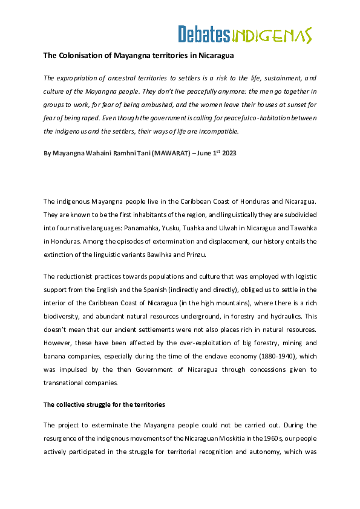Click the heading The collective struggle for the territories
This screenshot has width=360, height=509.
pos(103,404)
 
